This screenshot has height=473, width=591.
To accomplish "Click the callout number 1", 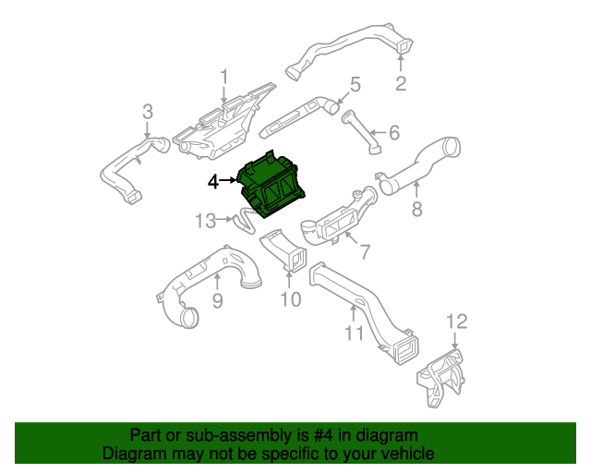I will pos(223,76).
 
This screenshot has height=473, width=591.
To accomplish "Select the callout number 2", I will pos(401,86).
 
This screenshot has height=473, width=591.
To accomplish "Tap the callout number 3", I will pos(147,113).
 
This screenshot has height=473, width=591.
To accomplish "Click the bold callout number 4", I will pos(213,183).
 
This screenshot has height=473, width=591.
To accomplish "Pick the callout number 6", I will pos(393,133).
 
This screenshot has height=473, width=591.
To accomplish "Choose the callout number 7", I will pos(364,251).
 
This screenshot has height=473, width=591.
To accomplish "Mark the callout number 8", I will pos(416,210).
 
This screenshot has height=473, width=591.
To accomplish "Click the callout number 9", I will pos(218,300).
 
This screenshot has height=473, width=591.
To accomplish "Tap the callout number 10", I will pos(290,299).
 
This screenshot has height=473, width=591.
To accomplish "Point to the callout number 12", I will pos(457,321).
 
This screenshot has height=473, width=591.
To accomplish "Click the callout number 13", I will pos(205,221).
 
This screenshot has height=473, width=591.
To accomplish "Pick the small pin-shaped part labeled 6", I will pos(362,130).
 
